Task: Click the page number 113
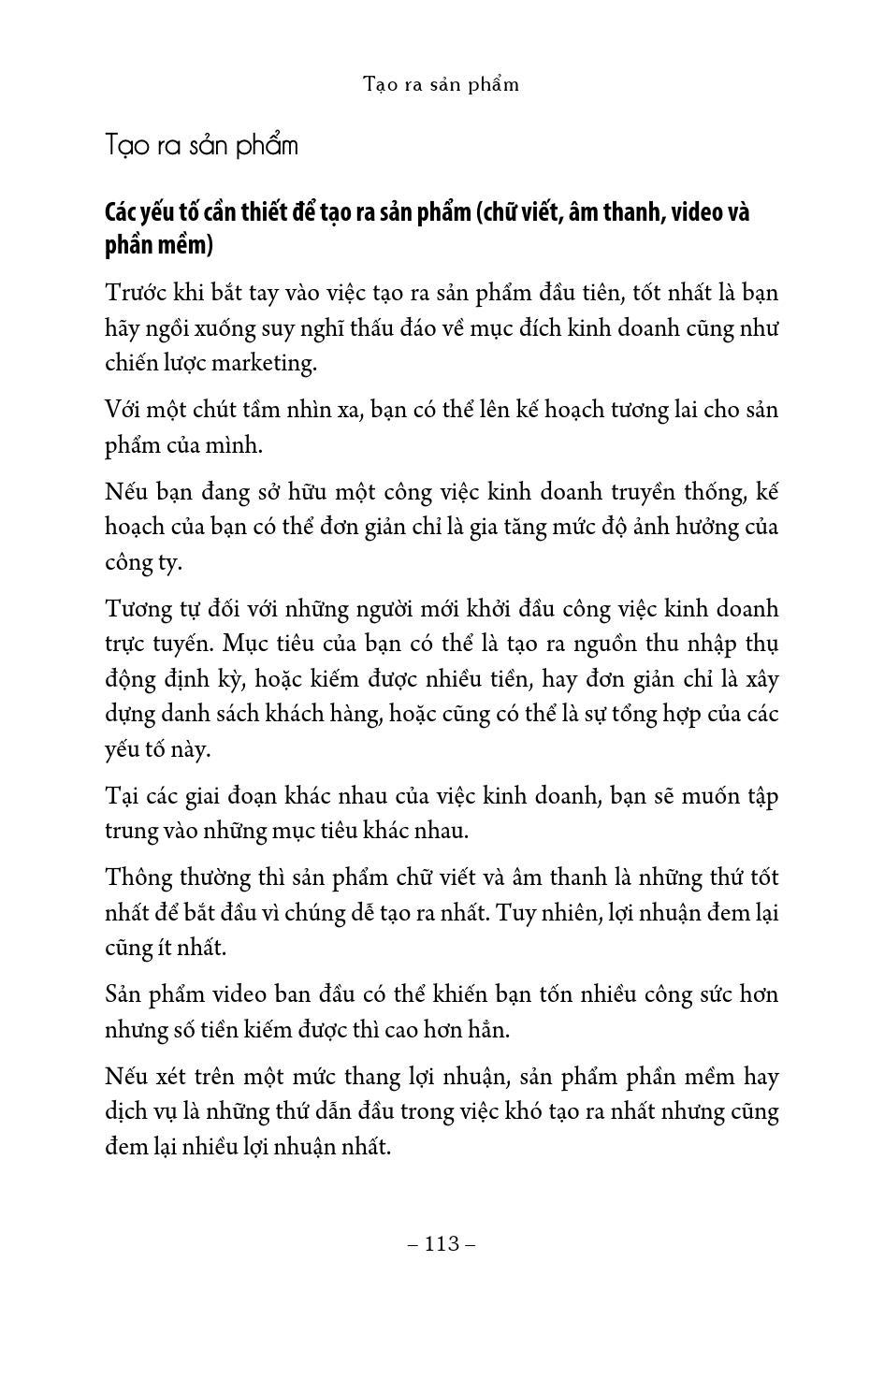442,1244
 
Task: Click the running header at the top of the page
442,84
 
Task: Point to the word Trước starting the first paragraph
135,293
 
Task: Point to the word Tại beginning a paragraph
123,796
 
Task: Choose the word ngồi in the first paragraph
168,328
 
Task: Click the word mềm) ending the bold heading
185,245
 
